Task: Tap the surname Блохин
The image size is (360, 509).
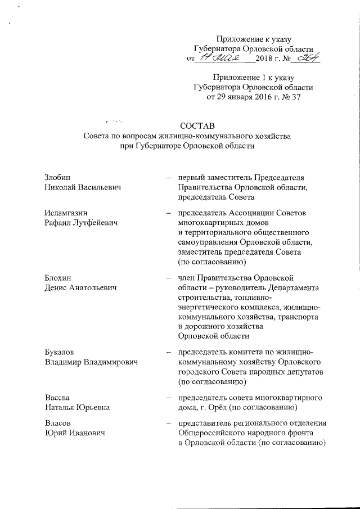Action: [x=57, y=278]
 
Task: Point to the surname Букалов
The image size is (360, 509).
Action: [x=60, y=353]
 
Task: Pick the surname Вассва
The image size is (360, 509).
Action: [x=57, y=398]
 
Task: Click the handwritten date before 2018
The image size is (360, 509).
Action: [x=223, y=58]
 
